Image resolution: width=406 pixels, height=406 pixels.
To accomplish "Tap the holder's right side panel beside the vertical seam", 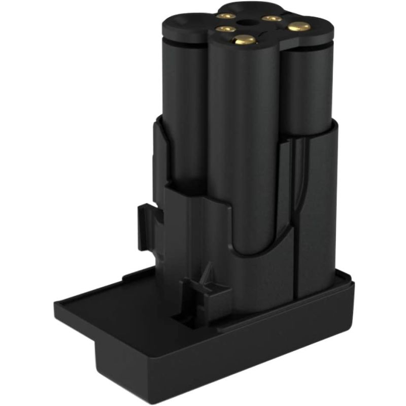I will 315,213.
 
